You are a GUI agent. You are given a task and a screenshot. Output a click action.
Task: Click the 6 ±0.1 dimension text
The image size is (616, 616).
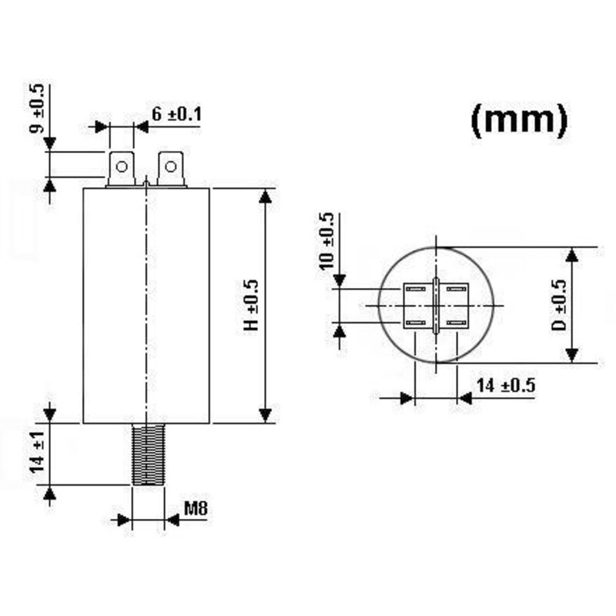point(176,115)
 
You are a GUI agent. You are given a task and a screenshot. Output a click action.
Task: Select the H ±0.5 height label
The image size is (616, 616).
point(251,306)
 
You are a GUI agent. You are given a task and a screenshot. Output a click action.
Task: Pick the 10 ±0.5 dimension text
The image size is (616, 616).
point(326,240)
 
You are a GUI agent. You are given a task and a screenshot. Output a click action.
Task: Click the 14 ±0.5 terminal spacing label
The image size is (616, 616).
point(505,386)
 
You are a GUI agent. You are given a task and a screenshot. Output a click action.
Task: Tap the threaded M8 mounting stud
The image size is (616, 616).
point(147,454)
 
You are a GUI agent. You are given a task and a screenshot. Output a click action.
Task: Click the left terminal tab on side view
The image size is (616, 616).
point(121,169)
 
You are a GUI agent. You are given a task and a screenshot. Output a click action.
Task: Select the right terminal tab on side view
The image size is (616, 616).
point(170,169)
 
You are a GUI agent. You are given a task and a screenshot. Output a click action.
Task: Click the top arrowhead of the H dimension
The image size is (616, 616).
point(266,196)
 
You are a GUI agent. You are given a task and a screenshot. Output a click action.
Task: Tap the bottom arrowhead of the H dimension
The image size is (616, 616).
point(266,415)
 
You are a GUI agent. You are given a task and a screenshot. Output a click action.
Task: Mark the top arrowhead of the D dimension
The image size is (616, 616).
point(571,256)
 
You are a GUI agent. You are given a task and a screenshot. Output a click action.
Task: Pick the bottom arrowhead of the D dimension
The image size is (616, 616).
point(571,354)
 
